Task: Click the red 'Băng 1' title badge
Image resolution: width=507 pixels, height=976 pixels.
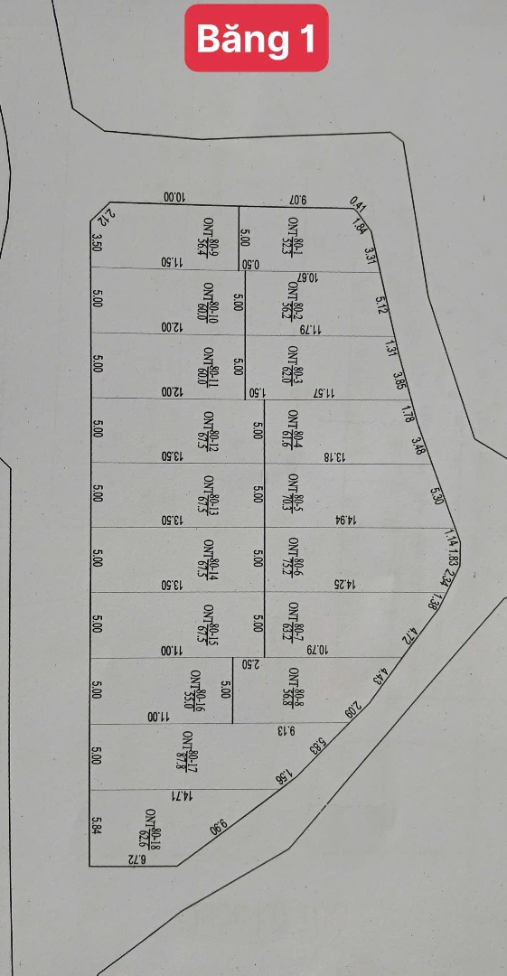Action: pyautogui.click(x=256, y=39)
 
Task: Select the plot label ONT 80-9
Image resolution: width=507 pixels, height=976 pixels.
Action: pyautogui.click(x=210, y=237)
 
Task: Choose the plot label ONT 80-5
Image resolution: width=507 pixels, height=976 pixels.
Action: pyautogui.click(x=294, y=493)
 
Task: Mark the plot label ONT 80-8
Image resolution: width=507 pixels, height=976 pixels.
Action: pyautogui.click(x=295, y=686)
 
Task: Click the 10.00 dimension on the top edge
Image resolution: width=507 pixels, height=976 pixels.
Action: pyautogui.click(x=174, y=198)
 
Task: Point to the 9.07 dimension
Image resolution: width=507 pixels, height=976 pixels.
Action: pyautogui.click(x=298, y=199)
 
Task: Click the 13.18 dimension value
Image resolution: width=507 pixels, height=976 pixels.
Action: pyautogui.click(x=334, y=456)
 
